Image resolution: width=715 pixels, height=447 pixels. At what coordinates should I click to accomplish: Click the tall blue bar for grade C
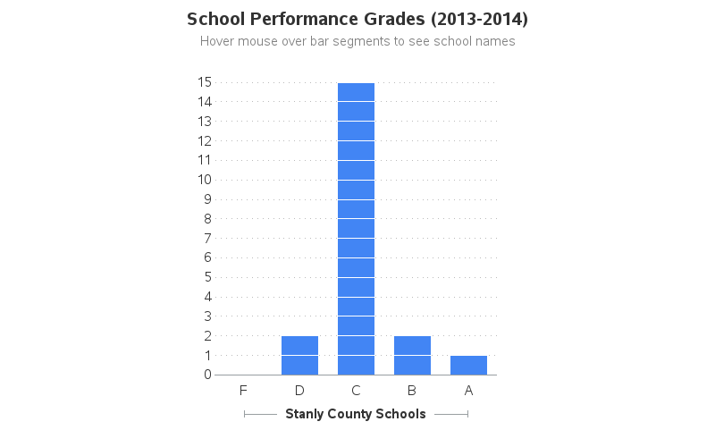coord(356,228)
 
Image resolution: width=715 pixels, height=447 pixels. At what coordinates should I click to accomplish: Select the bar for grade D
coord(299,355)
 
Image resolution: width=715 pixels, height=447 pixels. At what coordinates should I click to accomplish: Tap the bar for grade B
coord(412,355)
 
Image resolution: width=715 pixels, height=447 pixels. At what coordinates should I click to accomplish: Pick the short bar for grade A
coord(468,365)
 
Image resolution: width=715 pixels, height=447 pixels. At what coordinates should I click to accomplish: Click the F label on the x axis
coord(243,391)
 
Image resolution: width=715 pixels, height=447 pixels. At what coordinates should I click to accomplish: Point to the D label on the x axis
coord(299,391)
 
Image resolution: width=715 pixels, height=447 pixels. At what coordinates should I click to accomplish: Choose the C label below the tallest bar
coord(356,391)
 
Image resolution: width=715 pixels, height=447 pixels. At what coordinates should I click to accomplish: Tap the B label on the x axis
coord(412,391)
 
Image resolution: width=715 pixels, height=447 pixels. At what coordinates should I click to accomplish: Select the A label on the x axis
coord(468,391)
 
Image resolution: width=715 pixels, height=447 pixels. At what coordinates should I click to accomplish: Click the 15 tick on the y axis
coord(205,82)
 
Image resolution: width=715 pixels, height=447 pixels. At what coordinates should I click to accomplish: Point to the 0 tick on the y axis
coord(207,375)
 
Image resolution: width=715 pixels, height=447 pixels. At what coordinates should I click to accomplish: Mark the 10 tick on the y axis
coord(205,180)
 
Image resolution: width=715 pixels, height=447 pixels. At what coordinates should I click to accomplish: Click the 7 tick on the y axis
coord(207,238)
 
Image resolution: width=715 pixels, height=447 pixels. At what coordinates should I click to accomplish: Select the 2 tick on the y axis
coord(207,335)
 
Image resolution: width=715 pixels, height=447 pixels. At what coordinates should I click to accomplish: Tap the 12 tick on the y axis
coord(205,140)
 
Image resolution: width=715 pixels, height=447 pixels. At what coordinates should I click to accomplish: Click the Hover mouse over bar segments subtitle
coord(357,41)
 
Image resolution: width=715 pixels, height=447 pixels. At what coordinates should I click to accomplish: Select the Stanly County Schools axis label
coord(356,414)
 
